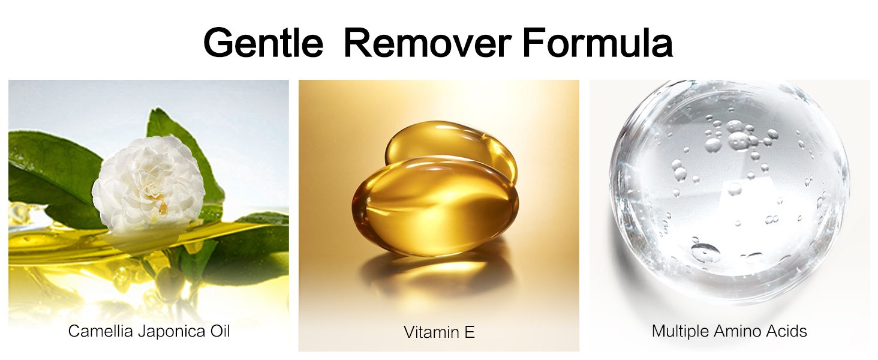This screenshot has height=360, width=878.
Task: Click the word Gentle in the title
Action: tap(263, 43)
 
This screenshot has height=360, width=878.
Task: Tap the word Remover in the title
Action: tap(428, 43)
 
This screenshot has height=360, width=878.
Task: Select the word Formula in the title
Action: tap(598, 43)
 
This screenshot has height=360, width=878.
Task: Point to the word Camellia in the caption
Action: tap(101, 331)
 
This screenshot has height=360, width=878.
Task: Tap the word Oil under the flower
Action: tap(220, 331)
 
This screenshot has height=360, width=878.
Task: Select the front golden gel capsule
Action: tap(435, 206)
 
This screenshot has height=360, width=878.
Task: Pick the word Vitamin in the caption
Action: tap(431, 332)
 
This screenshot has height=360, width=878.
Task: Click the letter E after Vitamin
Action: tap(470, 332)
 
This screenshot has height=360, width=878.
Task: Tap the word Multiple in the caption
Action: tap(680, 331)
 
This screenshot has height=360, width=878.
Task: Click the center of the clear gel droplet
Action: tap(729, 188)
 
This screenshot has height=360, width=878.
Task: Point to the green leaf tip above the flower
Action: tap(156, 110)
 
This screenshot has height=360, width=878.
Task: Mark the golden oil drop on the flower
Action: tap(163, 208)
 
